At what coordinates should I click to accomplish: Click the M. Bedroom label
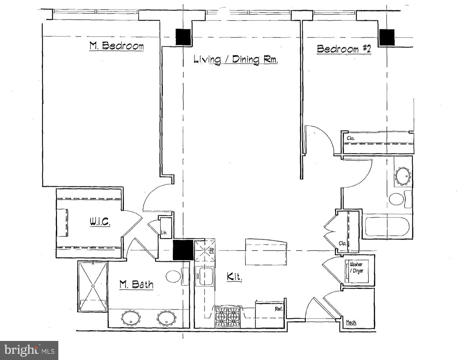tap(116, 46)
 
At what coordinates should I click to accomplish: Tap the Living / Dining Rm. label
tap(235, 60)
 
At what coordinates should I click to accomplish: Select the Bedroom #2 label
tap(344, 49)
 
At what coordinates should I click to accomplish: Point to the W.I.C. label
tap(100, 222)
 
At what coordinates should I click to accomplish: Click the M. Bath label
tap(136, 285)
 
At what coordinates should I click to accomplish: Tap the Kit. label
tap(234, 277)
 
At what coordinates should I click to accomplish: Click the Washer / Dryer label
tap(356, 268)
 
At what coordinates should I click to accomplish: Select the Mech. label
tap(351, 322)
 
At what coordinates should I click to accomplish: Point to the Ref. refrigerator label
tap(278, 309)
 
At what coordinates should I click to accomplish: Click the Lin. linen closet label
tap(164, 233)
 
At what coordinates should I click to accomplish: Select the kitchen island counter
tap(266, 252)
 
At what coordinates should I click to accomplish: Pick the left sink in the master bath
tap(131, 318)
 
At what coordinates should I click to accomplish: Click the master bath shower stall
tap(93, 286)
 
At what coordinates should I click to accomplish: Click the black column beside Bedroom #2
tap(386, 37)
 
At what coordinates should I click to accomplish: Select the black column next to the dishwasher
tap(183, 250)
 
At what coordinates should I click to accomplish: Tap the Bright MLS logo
tap(29, 350)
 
